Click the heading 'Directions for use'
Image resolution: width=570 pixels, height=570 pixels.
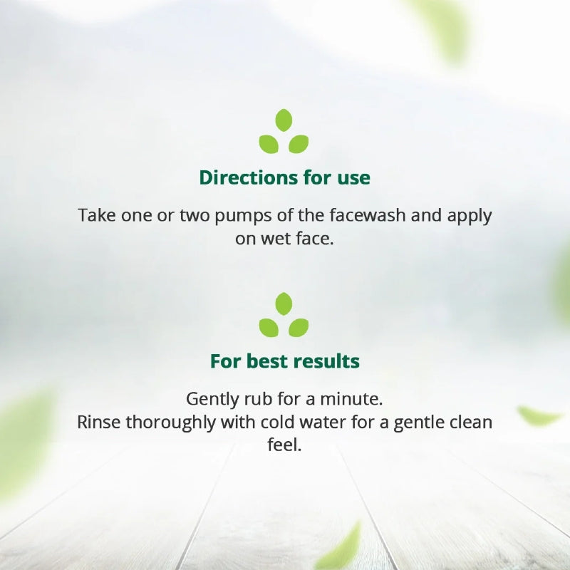pos(284,177)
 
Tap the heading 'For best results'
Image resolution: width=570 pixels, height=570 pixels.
pos(284,361)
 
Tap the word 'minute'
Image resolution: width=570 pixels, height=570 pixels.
pos(353,398)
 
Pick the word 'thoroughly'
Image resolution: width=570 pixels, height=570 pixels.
pos(170,422)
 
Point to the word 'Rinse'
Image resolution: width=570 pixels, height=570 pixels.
pos(99,422)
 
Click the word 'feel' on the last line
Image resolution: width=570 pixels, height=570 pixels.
pos(284,445)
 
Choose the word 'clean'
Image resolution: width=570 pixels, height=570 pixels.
pos(469,422)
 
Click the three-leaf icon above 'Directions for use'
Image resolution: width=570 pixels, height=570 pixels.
pos(284,132)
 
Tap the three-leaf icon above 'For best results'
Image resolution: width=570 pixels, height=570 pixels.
pos(284,315)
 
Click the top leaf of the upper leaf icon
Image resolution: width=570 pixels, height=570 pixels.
pos(284,120)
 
